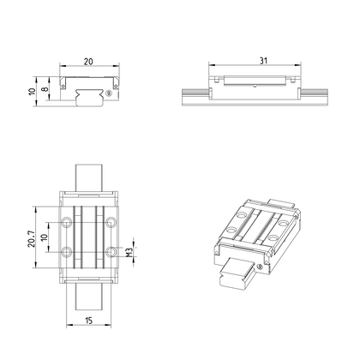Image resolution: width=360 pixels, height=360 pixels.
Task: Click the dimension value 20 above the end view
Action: [x=88, y=61]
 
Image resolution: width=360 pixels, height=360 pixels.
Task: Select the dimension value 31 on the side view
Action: [x=263, y=61]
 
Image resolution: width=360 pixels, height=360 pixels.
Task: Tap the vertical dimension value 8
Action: [x=45, y=89]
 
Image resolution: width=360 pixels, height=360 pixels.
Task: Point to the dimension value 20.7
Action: [x=32, y=239]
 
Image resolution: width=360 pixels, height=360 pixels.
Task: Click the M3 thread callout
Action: [x=129, y=252]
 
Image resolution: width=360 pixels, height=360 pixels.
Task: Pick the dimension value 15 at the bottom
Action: [x=89, y=321]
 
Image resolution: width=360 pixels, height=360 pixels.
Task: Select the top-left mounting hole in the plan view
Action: [x=67, y=222]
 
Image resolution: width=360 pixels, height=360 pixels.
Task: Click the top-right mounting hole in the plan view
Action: [x=111, y=222]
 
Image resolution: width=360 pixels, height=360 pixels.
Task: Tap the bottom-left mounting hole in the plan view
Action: [x=67, y=252]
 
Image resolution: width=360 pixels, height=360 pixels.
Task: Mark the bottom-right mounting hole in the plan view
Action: [x=111, y=252]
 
